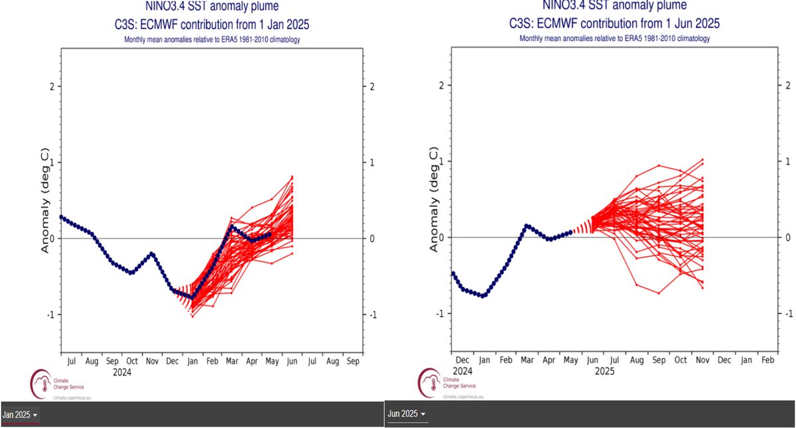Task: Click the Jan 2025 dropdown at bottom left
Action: [19, 415]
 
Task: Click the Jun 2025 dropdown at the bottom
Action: [406, 414]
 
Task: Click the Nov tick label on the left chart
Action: [151, 362]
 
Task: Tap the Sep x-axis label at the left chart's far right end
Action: [353, 362]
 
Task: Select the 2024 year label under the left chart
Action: [122, 373]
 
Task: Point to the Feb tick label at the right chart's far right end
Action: [767, 360]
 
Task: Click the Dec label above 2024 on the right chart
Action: [463, 360]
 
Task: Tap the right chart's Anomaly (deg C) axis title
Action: [434, 200]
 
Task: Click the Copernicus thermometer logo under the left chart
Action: [40, 384]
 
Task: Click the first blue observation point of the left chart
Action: [61, 217]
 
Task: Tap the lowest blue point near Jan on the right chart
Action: [484, 296]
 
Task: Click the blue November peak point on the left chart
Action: [152, 253]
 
